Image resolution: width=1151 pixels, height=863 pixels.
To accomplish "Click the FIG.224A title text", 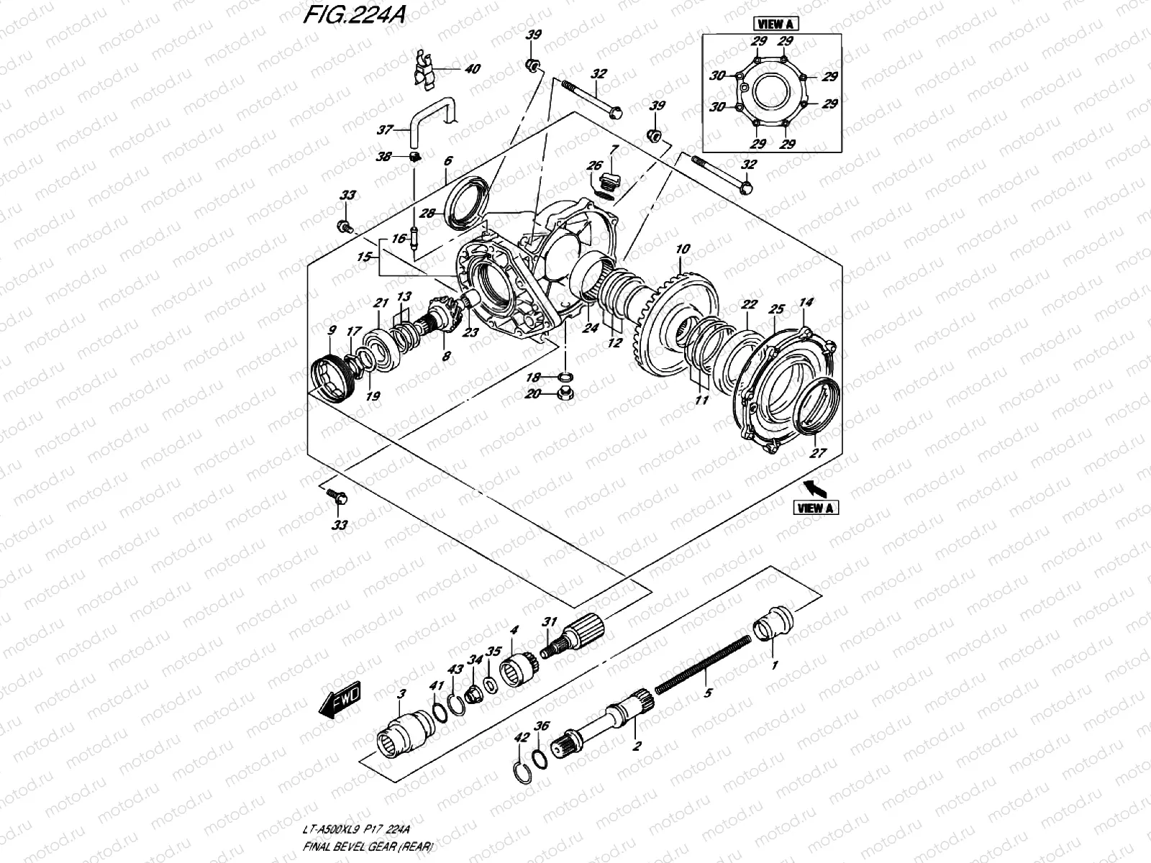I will [352, 16].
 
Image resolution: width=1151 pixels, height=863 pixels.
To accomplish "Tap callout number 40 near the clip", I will [472, 70].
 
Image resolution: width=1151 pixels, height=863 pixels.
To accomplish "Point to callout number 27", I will [819, 454].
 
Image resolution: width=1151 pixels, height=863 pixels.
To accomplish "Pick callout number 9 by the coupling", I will [332, 332].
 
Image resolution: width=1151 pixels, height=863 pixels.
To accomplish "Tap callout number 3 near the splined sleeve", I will [402, 693].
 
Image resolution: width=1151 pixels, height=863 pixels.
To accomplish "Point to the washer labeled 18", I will [565, 377].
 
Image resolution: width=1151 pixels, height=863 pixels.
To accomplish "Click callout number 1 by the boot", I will [774, 665].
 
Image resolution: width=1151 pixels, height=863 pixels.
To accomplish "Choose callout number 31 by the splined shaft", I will [550, 621].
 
